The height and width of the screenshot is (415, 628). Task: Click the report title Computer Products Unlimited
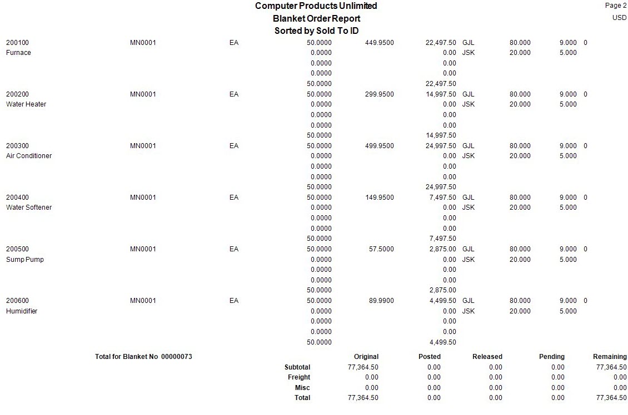click(x=316, y=6)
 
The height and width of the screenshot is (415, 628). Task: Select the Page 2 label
click(x=615, y=6)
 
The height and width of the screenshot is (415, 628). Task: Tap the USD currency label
click(x=619, y=18)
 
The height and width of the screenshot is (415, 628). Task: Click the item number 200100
click(x=17, y=43)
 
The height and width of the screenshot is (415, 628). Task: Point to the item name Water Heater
click(x=26, y=104)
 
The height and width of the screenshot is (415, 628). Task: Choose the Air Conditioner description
click(x=29, y=156)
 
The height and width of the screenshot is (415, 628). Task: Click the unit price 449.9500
click(x=380, y=43)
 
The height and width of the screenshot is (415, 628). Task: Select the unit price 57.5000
click(x=381, y=249)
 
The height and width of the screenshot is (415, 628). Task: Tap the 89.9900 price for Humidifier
click(x=381, y=301)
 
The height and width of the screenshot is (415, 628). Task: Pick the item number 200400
click(x=17, y=198)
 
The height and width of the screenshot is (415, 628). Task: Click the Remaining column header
click(x=610, y=357)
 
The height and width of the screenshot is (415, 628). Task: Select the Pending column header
click(x=551, y=357)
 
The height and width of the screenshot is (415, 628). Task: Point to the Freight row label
click(x=299, y=377)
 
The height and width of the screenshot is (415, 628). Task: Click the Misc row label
click(x=302, y=388)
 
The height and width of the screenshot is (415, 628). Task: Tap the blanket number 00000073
click(x=176, y=357)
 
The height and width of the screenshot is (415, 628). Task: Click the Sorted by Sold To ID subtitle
click(x=316, y=31)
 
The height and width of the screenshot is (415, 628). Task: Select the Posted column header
click(x=429, y=357)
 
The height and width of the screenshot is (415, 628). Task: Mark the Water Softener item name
click(x=29, y=207)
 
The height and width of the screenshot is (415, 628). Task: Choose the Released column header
click(x=487, y=357)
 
